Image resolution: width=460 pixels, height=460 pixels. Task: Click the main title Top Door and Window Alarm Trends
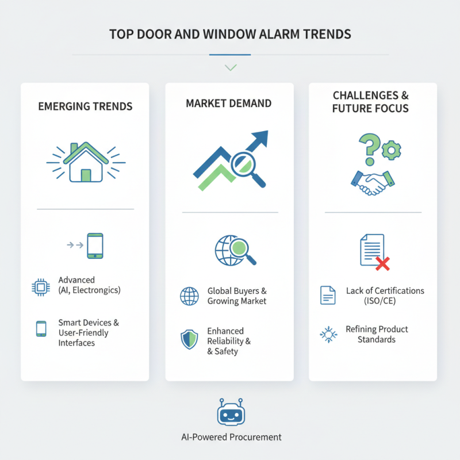click(x=230, y=34)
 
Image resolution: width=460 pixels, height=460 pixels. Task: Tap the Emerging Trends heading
click(x=85, y=106)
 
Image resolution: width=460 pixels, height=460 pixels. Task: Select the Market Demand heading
click(x=229, y=103)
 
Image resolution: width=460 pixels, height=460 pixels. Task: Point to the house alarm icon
click(x=85, y=163)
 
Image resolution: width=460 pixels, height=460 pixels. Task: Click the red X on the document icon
click(x=382, y=263)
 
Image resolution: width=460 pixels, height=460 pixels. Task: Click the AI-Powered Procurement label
click(x=231, y=437)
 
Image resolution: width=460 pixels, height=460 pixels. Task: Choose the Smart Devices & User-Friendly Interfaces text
click(x=84, y=333)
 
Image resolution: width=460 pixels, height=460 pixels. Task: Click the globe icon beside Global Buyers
click(x=189, y=296)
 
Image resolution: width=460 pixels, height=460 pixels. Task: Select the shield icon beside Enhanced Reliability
click(x=189, y=339)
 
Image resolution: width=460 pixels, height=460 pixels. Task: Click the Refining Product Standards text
click(x=377, y=334)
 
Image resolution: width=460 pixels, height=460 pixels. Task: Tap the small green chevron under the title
click(x=231, y=68)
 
